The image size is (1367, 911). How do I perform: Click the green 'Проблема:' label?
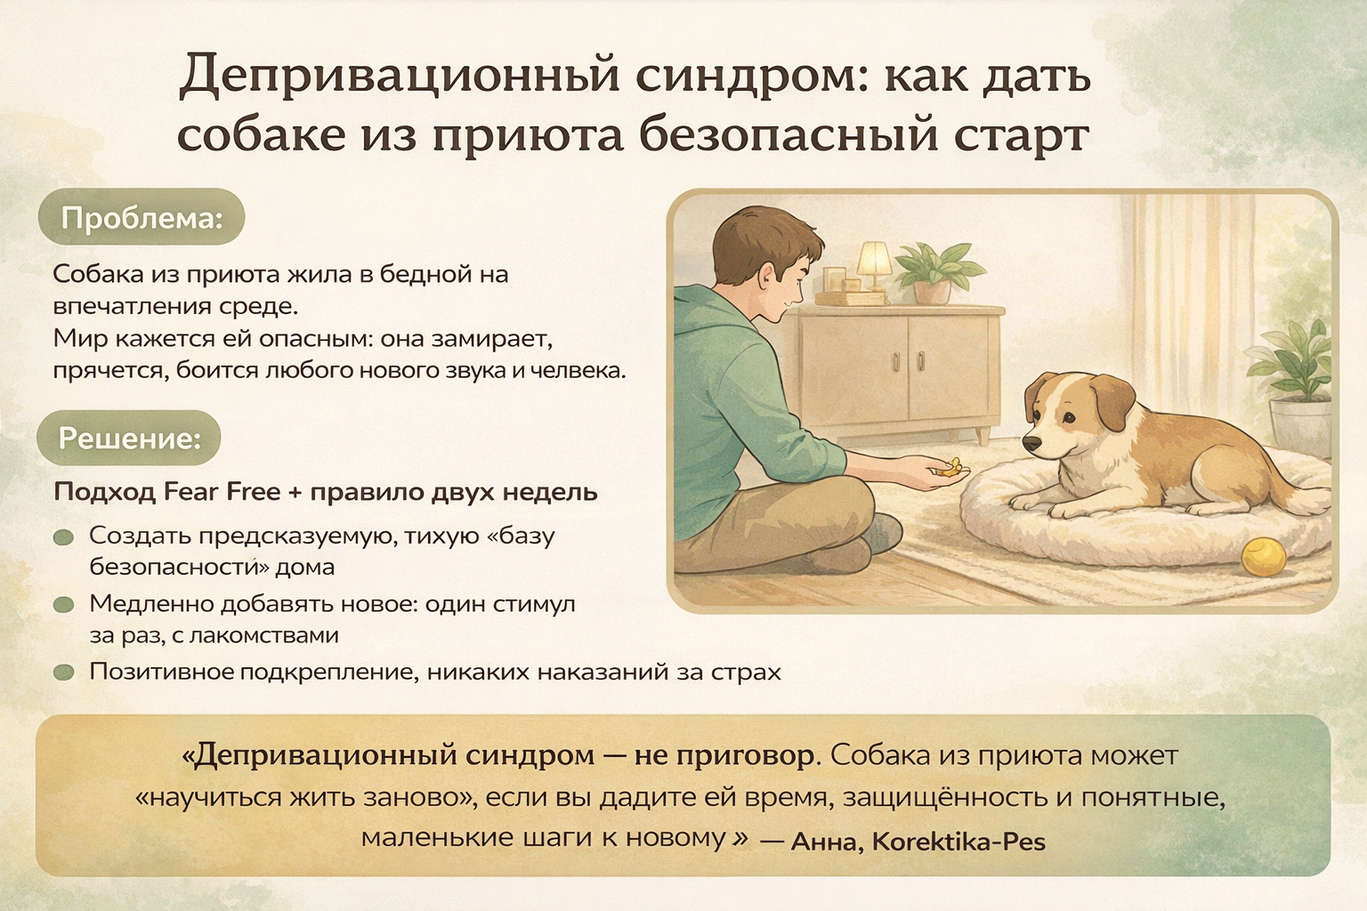pos(142,218)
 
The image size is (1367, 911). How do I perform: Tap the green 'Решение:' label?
pos(129,438)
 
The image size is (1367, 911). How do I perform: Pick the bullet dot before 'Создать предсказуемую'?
pos(63,537)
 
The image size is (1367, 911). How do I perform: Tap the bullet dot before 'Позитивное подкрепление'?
pos(63,673)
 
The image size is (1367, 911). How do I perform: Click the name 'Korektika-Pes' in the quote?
pos(959,842)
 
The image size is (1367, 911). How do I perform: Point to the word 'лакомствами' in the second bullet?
pos(264,635)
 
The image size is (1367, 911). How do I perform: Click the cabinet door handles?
pos(908,360)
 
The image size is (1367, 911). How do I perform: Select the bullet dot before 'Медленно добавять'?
pos(63,605)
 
